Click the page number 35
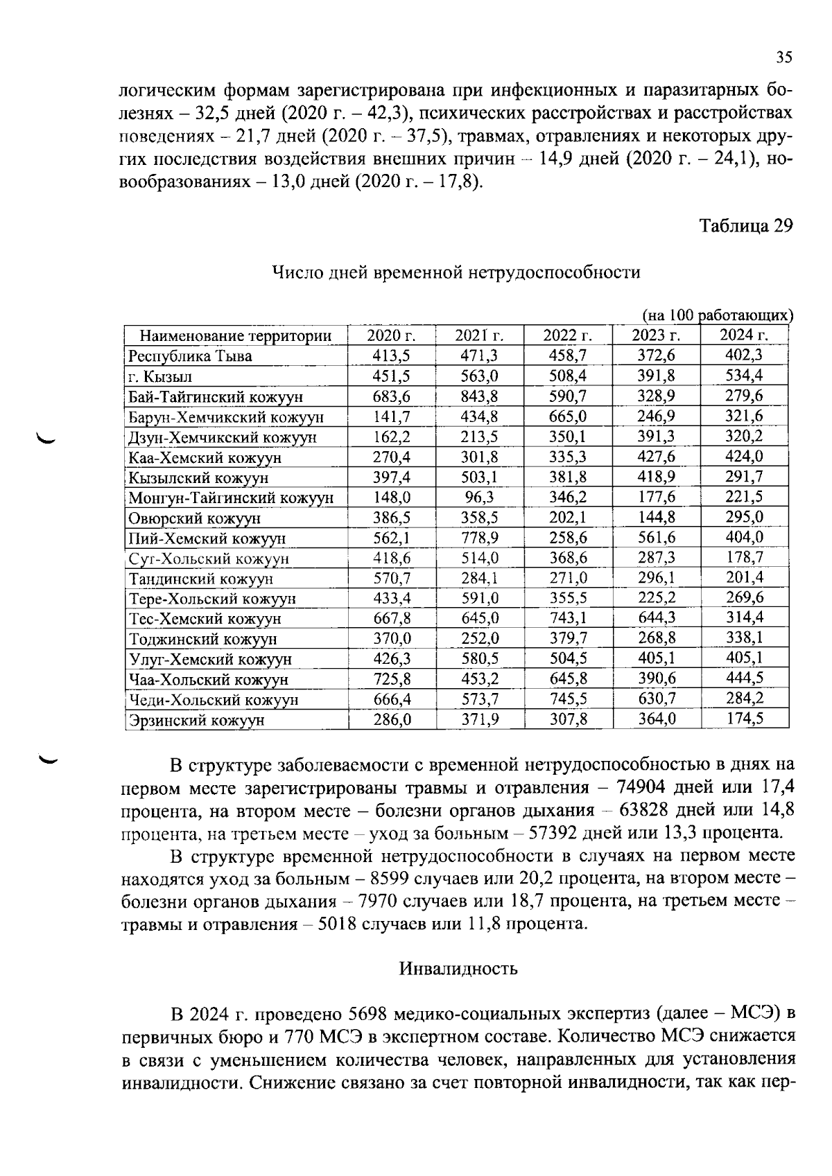(x=783, y=58)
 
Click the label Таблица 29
(x=745, y=226)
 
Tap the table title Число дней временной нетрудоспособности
(x=456, y=272)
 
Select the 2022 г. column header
(x=568, y=336)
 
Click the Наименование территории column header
(x=236, y=337)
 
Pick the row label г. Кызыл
(x=160, y=377)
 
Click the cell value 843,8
(x=480, y=396)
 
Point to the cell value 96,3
(x=480, y=498)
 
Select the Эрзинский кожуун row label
(x=197, y=720)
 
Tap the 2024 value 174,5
(x=745, y=719)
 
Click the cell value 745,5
(x=568, y=699)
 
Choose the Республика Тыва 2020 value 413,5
(x=392, y=356)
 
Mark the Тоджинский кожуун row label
(x=203, y=639)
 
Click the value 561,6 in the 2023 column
(x=657, y=538)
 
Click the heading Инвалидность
(x=458, y=969)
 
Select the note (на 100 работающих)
(x=717, y=316)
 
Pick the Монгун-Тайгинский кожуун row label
(x=232, y=498)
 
